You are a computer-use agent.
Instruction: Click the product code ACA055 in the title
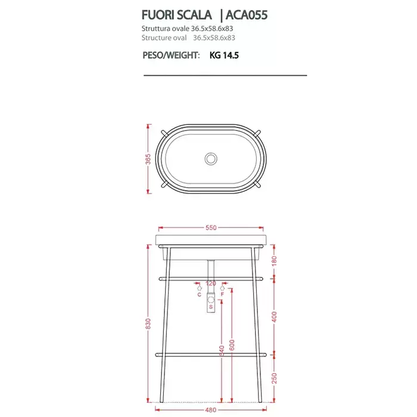pyautogui.click(x=247, y=15)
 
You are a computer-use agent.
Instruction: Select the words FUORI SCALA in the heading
pyautogui.click(x=176, y=15)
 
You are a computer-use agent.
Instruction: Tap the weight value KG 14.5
pyautogui.click(x=224, y=55)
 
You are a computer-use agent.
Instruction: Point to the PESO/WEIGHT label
pyautogui.click(x=171, y=55)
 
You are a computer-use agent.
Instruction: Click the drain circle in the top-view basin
pyautogui.click(x=211, y=158)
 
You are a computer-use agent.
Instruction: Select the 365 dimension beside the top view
pyautogui.click(x=148, y=159)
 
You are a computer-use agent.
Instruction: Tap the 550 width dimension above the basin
pyautogui.click(x=211, y=228)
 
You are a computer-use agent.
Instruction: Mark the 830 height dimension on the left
pyautogui.click(x=148, y=323)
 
